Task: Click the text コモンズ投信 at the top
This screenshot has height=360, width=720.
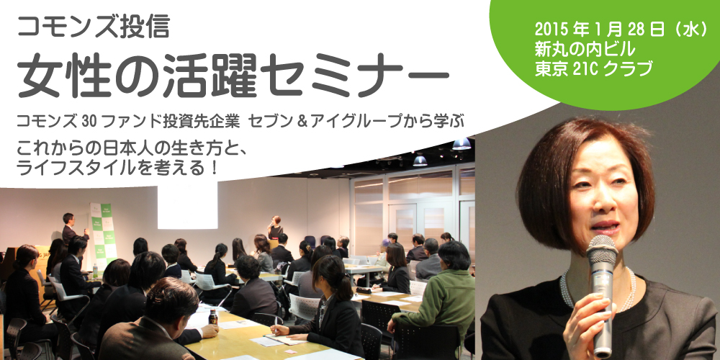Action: click(x=93, y=26)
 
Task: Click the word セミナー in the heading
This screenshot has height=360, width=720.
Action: click(x=357, y=76)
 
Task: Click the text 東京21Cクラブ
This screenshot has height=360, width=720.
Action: click(x=593, y=68)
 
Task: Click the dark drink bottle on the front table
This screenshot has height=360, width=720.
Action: click(x=213, y=316)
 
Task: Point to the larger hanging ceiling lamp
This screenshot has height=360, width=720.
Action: click(x=462, y=144)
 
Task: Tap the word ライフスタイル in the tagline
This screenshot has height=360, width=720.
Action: click(x=64, y=168)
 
